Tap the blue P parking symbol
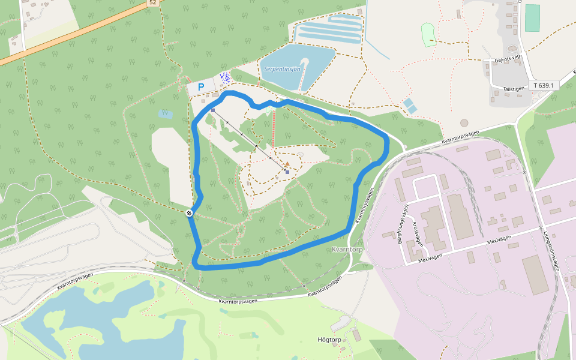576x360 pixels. tap(201, 87)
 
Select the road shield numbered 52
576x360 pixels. tap(152, 2)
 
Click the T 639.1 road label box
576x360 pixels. tap(544, 85)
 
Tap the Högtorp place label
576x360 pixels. tap(329, 340)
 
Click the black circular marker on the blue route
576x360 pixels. tap(189, 212)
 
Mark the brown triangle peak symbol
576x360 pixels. tap(287, 164)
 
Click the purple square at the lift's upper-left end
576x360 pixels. tap(212, 110)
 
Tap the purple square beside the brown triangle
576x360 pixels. tap(287, 172)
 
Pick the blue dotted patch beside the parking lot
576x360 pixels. tap(225, 78)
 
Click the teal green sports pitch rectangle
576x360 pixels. tap(532, 18)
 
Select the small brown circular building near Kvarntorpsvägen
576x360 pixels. tap(464, 123)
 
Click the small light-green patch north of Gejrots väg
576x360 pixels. tap(428, 34)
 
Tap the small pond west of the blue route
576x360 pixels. tap(165, 113)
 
